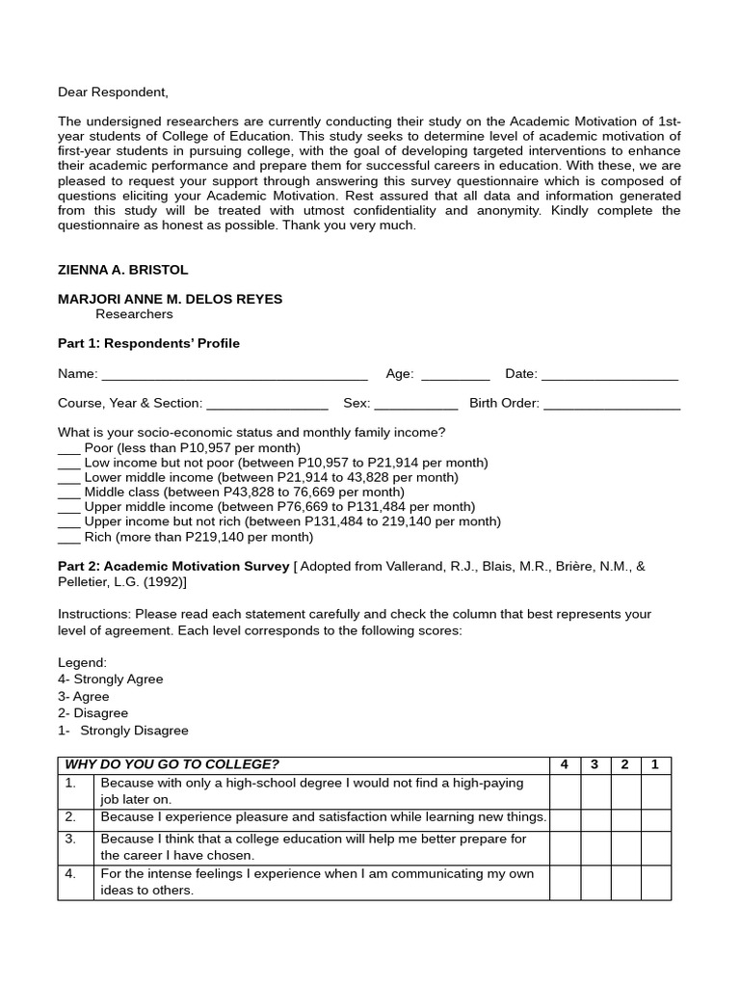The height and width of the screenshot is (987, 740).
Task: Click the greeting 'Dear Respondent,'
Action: click(113, 93)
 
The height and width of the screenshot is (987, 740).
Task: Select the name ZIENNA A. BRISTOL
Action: click(123, 271)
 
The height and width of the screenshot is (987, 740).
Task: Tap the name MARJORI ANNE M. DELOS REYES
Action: click(170, 299)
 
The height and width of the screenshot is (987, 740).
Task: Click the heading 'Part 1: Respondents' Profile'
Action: click(148, 343)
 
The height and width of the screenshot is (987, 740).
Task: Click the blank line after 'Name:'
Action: click(234, 376)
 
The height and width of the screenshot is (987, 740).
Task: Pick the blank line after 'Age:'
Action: click(455, 376)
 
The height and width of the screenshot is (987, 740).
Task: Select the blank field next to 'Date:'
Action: click(609, 376)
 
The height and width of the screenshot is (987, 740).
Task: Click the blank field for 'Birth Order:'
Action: click(612, 405)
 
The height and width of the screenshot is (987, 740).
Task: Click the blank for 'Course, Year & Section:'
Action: click(267, 405)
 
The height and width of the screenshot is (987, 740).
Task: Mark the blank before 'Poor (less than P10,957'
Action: click(68, 449)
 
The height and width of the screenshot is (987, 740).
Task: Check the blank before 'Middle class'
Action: click(68, 493)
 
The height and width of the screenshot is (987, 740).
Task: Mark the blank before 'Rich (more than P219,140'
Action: click(68, 538)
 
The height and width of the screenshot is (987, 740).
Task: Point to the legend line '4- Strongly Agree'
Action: click(110, 680)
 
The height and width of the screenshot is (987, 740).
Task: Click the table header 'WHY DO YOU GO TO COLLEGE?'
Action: click(172, 765)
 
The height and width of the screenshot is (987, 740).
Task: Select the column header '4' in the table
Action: click(565, 765)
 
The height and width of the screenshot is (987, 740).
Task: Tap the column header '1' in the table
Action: click(655, 765)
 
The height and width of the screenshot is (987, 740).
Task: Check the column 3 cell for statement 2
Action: click(595, 818)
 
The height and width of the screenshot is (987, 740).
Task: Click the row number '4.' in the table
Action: click(70, 874)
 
